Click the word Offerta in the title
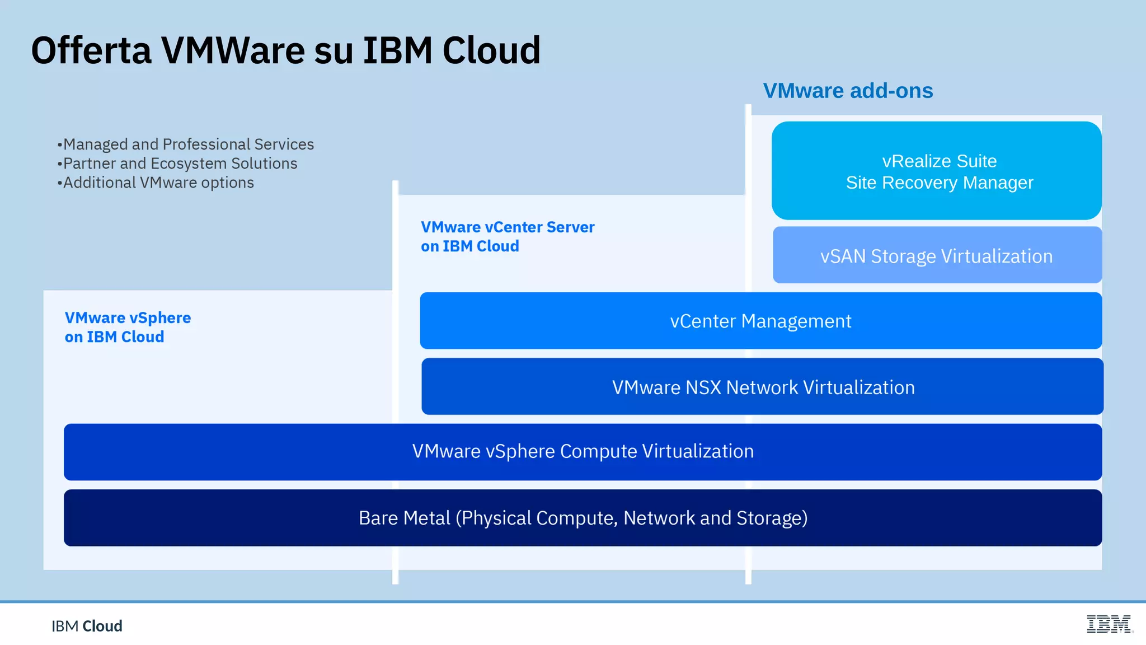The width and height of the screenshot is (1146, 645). [91, 50]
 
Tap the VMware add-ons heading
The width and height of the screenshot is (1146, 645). [848, 91]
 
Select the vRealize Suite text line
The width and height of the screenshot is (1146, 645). [939, 161]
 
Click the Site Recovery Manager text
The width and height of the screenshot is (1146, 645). [939, 183]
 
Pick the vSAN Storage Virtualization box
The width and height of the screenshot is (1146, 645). [937, 256]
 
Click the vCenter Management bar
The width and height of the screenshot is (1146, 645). [760, 321]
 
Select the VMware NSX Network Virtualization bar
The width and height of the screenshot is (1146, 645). [763, 387]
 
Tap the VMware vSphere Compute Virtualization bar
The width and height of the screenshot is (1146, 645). [583, 451]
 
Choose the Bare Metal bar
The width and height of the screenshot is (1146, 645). [583, 518]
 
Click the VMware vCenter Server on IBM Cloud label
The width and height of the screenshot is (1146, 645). [507, 236]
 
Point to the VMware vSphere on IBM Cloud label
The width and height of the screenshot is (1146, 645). [128, 327]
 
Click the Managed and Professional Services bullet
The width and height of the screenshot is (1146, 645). [188, 144]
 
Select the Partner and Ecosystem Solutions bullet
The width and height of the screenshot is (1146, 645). [180, 163]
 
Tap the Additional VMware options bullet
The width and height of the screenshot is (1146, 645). [158, 183]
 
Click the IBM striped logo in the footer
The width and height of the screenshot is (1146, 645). [1109, 624]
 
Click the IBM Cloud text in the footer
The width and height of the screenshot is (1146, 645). [87, 626]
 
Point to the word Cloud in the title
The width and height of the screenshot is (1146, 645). [491, 50]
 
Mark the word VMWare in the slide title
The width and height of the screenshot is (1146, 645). [232, 50]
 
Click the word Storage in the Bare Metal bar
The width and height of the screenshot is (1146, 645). [771, 518]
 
